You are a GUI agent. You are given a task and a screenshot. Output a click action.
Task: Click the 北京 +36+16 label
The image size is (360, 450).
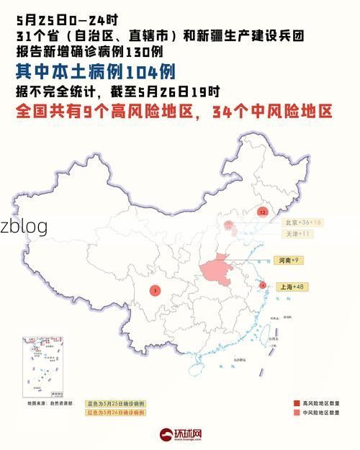click(302, 222)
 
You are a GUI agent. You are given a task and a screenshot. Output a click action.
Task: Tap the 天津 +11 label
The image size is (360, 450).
click(297, 234)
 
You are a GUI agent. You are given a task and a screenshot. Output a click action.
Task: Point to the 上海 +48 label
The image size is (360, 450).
click(291, 287)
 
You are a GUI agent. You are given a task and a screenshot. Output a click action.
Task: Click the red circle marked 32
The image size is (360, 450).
click(263, 212)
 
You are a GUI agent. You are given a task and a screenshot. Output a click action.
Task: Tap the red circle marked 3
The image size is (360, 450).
click(156, 290)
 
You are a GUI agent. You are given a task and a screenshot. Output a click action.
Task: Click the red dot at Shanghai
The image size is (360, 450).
click(263, 285)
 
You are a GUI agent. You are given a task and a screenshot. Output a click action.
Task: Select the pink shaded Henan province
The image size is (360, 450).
click(219, 272)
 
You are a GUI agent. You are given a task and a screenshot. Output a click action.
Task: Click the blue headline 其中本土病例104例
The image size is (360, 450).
click(94, 72)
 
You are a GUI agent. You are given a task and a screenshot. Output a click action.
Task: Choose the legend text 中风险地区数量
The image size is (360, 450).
click(323, 413)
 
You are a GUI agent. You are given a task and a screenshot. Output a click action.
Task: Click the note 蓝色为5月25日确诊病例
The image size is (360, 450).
click(115, 403)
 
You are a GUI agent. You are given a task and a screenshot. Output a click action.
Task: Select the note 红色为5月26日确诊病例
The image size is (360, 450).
click(115, 413)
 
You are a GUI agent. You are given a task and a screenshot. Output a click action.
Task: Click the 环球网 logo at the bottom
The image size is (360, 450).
click(180, 435)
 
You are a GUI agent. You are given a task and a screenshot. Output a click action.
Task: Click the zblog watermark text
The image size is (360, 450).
click(24, 226)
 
